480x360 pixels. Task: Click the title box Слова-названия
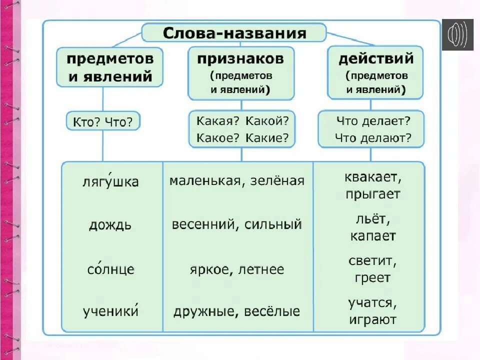[234, 33]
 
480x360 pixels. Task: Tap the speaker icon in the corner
[458, 34]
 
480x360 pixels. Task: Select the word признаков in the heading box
[240, 59]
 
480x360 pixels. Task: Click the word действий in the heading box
[376, 59]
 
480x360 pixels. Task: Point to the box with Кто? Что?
[103, 122]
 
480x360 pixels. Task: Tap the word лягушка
[110, 181]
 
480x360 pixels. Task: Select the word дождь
[110, 224]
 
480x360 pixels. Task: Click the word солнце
[110, 269]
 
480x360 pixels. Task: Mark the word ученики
[110, 311]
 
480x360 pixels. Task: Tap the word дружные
[205, 312]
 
